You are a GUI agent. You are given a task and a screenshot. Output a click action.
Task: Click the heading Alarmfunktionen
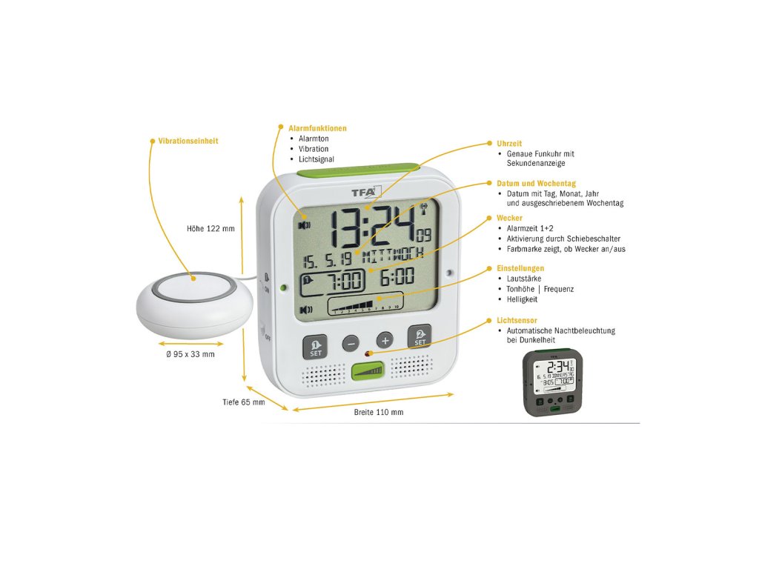pos(317,128)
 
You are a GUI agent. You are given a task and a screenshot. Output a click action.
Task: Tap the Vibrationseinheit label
pos(188,141)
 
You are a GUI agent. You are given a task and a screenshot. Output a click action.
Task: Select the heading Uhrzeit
pos(509,143)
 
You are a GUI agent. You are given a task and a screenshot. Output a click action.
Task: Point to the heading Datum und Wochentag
pos(536,183)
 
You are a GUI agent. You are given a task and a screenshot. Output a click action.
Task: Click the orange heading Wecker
pos(510,219)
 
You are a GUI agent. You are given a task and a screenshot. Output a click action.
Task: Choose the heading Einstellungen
pos(520,268)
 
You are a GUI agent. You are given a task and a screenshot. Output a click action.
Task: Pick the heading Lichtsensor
pos(516,321)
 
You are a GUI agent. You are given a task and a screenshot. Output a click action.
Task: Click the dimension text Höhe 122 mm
pos(211,229)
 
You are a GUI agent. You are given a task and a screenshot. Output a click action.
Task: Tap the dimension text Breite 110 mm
pos(379,412)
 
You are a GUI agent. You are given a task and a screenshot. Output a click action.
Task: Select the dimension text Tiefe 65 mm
pos(243,402)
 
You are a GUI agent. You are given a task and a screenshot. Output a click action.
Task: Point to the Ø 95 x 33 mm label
pos(191,354)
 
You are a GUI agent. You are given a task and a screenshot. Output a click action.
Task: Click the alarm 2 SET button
pos(420,338)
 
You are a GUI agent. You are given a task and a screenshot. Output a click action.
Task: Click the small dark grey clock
pos(552,381)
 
